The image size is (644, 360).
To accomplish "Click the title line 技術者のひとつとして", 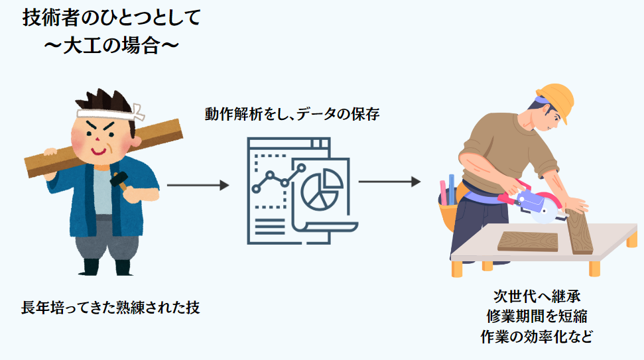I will [111, 18].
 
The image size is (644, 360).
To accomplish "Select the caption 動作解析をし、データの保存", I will [292, 114].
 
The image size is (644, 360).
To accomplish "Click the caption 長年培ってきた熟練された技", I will [110, 308].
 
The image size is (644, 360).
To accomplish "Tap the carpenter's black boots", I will [106, 267].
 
